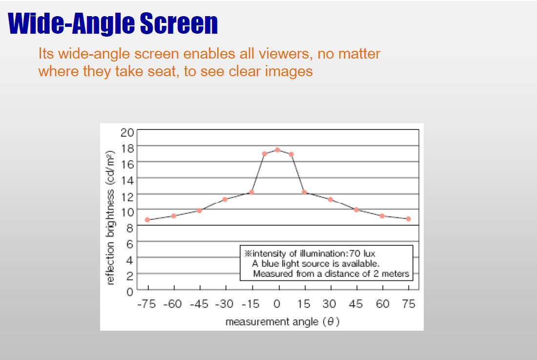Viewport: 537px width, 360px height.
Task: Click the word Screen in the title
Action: point(179,23)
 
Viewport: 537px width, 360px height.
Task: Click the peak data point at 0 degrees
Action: point(277,150)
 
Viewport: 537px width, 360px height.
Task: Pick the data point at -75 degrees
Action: point(147,220)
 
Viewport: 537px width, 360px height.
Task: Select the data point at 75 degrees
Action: point(408,219)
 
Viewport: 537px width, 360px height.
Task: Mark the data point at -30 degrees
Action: point(225,200)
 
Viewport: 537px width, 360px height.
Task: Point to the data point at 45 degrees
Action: point(356,210)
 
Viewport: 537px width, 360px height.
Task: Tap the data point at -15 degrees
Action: point(251,192)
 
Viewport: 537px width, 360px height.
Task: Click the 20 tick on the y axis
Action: point(127,132)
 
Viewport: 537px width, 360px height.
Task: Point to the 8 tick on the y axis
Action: point(129,228)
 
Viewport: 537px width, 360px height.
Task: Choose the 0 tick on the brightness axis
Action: point(129,292)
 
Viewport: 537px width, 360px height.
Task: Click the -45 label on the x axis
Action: point(199,304)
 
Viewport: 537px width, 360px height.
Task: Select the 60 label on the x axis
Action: point(382,304)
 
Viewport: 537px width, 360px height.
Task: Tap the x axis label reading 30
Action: point(329,304)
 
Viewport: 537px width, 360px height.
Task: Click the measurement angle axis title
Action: point(282,321)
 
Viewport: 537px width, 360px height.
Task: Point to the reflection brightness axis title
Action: point(110,218)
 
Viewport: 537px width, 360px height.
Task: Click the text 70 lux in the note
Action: point(362,254)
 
